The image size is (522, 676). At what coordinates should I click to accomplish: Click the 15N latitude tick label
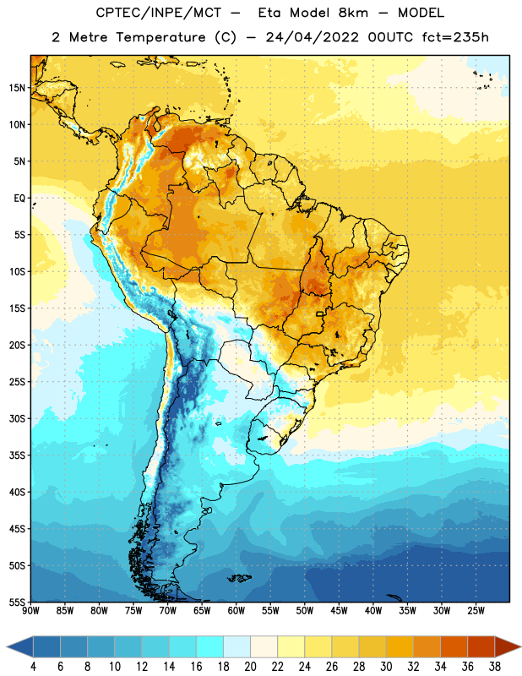point(17,88)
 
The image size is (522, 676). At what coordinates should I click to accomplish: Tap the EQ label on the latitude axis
point(19,199)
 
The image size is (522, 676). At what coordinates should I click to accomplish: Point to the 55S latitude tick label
point(17,602)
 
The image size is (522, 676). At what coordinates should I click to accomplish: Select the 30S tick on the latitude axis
point(17,418)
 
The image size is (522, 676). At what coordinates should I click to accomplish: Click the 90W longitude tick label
point(30,611)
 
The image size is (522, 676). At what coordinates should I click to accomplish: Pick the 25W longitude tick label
point(476,611)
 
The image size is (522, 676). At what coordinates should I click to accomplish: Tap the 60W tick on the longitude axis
point(237,611)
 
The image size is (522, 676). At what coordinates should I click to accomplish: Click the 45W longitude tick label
point(339,611)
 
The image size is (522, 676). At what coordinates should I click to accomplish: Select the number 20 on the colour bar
point(250,667)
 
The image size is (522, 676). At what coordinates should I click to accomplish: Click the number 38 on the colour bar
point(495,667)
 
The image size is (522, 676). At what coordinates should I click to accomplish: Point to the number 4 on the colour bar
point(33,667)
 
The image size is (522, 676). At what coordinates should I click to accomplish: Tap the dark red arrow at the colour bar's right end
point(508,646)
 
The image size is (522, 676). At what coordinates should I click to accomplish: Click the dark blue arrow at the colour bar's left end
point(19,646)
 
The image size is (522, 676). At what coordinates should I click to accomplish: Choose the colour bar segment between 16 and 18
point(210,646)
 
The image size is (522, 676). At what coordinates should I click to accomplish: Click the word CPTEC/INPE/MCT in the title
point(159,13)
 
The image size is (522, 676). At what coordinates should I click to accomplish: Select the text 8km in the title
point(353,13)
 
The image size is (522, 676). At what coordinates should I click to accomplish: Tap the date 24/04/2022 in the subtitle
point(312,37)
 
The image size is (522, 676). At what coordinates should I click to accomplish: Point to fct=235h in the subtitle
point(455,37)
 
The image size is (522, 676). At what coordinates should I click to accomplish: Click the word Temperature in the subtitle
point(160,37)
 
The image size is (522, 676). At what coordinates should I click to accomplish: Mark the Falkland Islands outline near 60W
point(239,578)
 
